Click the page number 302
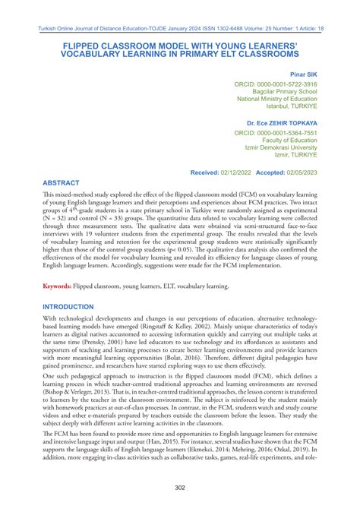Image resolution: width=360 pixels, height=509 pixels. (180, 487)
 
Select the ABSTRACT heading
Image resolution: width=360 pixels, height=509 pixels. (65, 183)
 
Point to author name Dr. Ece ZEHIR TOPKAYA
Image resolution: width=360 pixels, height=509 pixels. (282, 122)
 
